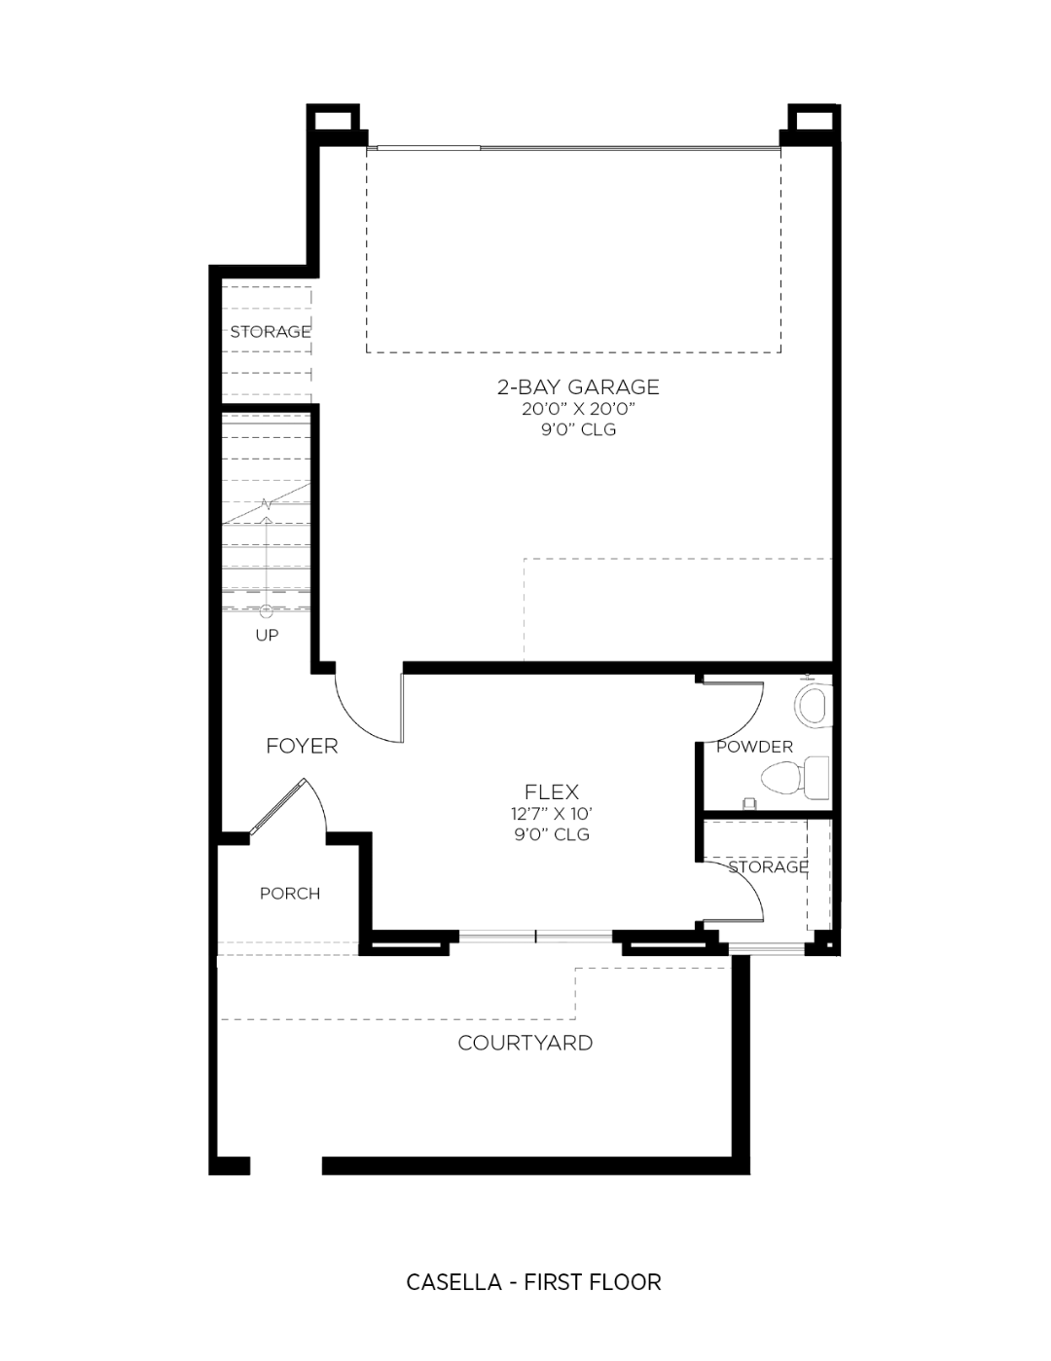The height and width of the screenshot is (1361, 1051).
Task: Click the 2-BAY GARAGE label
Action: [578, 386]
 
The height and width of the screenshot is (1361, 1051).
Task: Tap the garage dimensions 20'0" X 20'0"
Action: [578, 409]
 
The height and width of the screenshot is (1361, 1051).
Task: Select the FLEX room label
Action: [552, 792]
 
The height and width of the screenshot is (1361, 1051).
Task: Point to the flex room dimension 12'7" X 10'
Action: [552, 814]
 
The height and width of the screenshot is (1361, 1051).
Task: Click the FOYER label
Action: [302, 747]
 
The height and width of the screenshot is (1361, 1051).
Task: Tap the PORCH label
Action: [290, 894]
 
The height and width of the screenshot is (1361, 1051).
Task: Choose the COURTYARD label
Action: [525, 1043]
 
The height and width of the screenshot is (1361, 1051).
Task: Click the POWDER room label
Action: [754, 747]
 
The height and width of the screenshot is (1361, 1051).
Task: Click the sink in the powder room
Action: [814, 705]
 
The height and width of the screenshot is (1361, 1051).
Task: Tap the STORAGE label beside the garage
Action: [271, 332]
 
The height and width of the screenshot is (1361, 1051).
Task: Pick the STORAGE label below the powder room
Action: [768, 866]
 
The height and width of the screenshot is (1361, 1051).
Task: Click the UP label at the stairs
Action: [267, 636]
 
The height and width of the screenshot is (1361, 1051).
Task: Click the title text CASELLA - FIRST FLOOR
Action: [533, 1282]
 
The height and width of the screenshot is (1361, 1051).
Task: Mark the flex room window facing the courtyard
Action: [535, 938]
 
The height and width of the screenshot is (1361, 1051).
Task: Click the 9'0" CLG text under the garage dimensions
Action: [578, 429]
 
